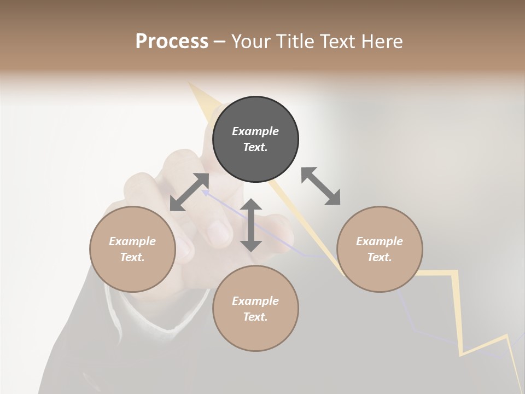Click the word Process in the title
172,42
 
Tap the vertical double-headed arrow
251,225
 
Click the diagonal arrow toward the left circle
189,192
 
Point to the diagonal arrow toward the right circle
320,186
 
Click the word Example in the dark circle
255,131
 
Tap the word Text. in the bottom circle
255,317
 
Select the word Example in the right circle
380,241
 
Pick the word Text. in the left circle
132,257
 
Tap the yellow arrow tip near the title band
192,86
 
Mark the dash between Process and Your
220,42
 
